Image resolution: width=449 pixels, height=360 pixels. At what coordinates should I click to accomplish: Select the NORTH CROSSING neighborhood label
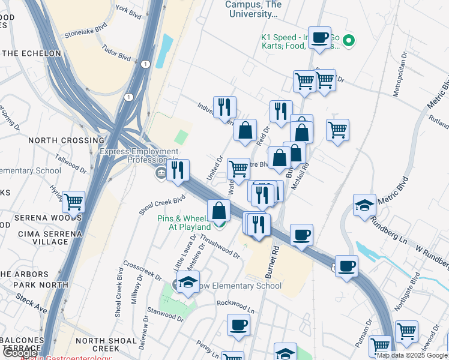click(66, 140)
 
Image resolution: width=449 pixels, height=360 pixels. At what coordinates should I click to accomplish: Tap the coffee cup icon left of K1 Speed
click(321, 37)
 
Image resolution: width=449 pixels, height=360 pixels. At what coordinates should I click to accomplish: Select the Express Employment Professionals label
click(139, 156)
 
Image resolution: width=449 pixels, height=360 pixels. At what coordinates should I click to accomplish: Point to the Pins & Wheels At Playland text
click(184, 223)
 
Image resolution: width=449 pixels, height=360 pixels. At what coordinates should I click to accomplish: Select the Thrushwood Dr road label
click(220, 246)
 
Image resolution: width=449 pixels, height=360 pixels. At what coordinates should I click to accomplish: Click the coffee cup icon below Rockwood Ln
click(238, 326)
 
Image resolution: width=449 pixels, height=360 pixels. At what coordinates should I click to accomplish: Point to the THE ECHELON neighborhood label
click(31, 53)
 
